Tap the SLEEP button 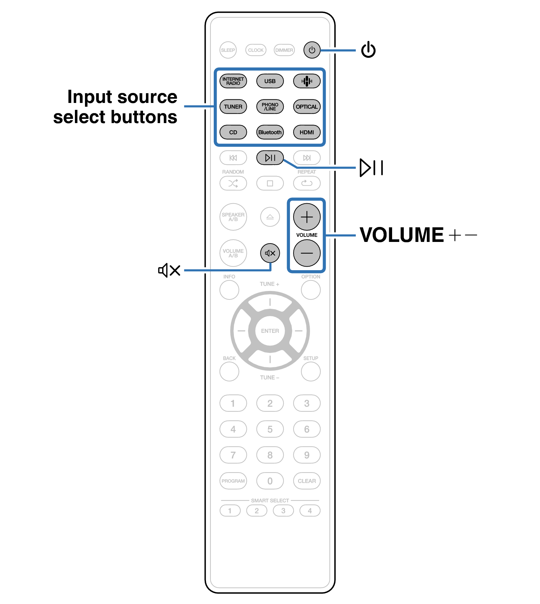pos(228,50)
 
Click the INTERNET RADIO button pos(233,81)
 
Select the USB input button pos(270,81)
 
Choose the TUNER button pos(233,107)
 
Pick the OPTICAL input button pos(307,107)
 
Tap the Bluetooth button pos(270,132)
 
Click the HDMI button pos(307,132)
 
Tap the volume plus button pos(307,217)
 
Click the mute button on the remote pos(270,253)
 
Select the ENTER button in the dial pos(270,331)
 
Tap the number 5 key pos(270,429)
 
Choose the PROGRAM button pos(233,481)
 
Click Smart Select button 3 pos(283,511)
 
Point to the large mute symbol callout pos(169,270)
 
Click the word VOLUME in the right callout pos(402,235)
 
